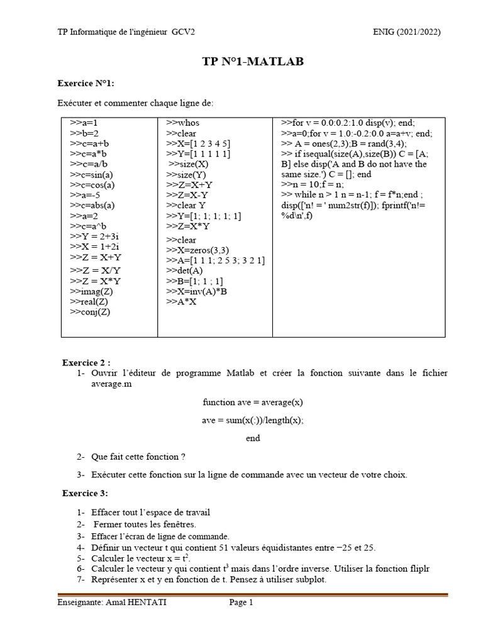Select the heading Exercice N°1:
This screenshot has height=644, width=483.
(86, 83)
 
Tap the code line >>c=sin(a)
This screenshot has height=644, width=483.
(92, 175)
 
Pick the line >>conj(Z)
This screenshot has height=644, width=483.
(90, 313)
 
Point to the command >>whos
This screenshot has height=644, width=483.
(182, 123)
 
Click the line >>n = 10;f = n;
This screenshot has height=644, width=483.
(313, 185)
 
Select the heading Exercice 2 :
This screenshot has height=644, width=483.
(86, 363)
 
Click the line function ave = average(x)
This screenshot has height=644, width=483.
(253, 402)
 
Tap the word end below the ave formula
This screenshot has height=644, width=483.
(253, 438)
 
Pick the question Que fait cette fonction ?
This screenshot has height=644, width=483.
(138, 457)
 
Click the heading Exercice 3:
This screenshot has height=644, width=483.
(85, 492)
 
